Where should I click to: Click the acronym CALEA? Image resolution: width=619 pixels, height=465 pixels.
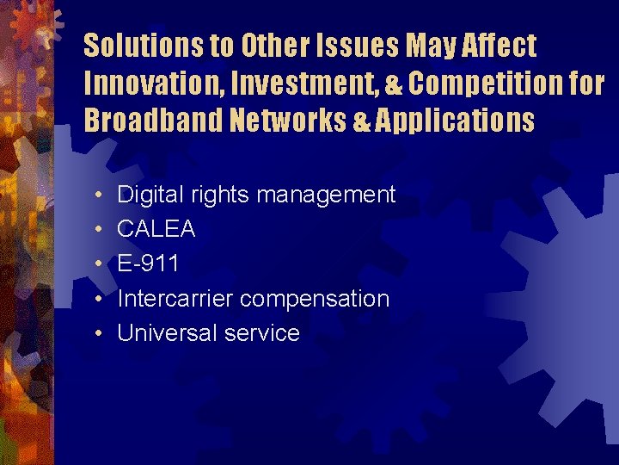click(156, 229)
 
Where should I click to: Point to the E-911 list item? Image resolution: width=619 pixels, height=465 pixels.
click(148, 263)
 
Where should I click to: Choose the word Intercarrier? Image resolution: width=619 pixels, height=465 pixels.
click(175, 299)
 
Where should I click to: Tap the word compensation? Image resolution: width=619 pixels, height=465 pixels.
click(315, 299)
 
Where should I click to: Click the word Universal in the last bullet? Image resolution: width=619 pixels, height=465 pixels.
click(161, 333)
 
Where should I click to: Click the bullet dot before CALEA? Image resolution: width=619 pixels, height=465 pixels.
click(100, 230)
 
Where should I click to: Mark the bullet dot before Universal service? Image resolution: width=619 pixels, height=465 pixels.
click(100, 334)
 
